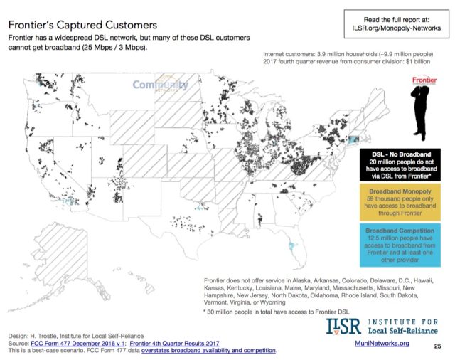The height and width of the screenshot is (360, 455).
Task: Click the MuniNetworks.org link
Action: click(x=384, y=343)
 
